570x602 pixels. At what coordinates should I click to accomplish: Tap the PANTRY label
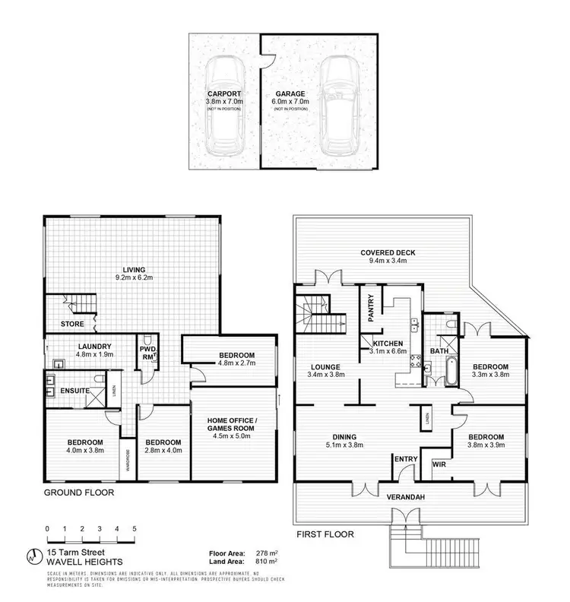click(370, 309)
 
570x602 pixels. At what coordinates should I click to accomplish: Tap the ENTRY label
click(404, 458)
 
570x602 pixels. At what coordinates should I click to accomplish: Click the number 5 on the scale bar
click(135, 528)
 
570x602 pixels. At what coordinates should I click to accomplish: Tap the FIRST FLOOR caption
click(325, 534)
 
